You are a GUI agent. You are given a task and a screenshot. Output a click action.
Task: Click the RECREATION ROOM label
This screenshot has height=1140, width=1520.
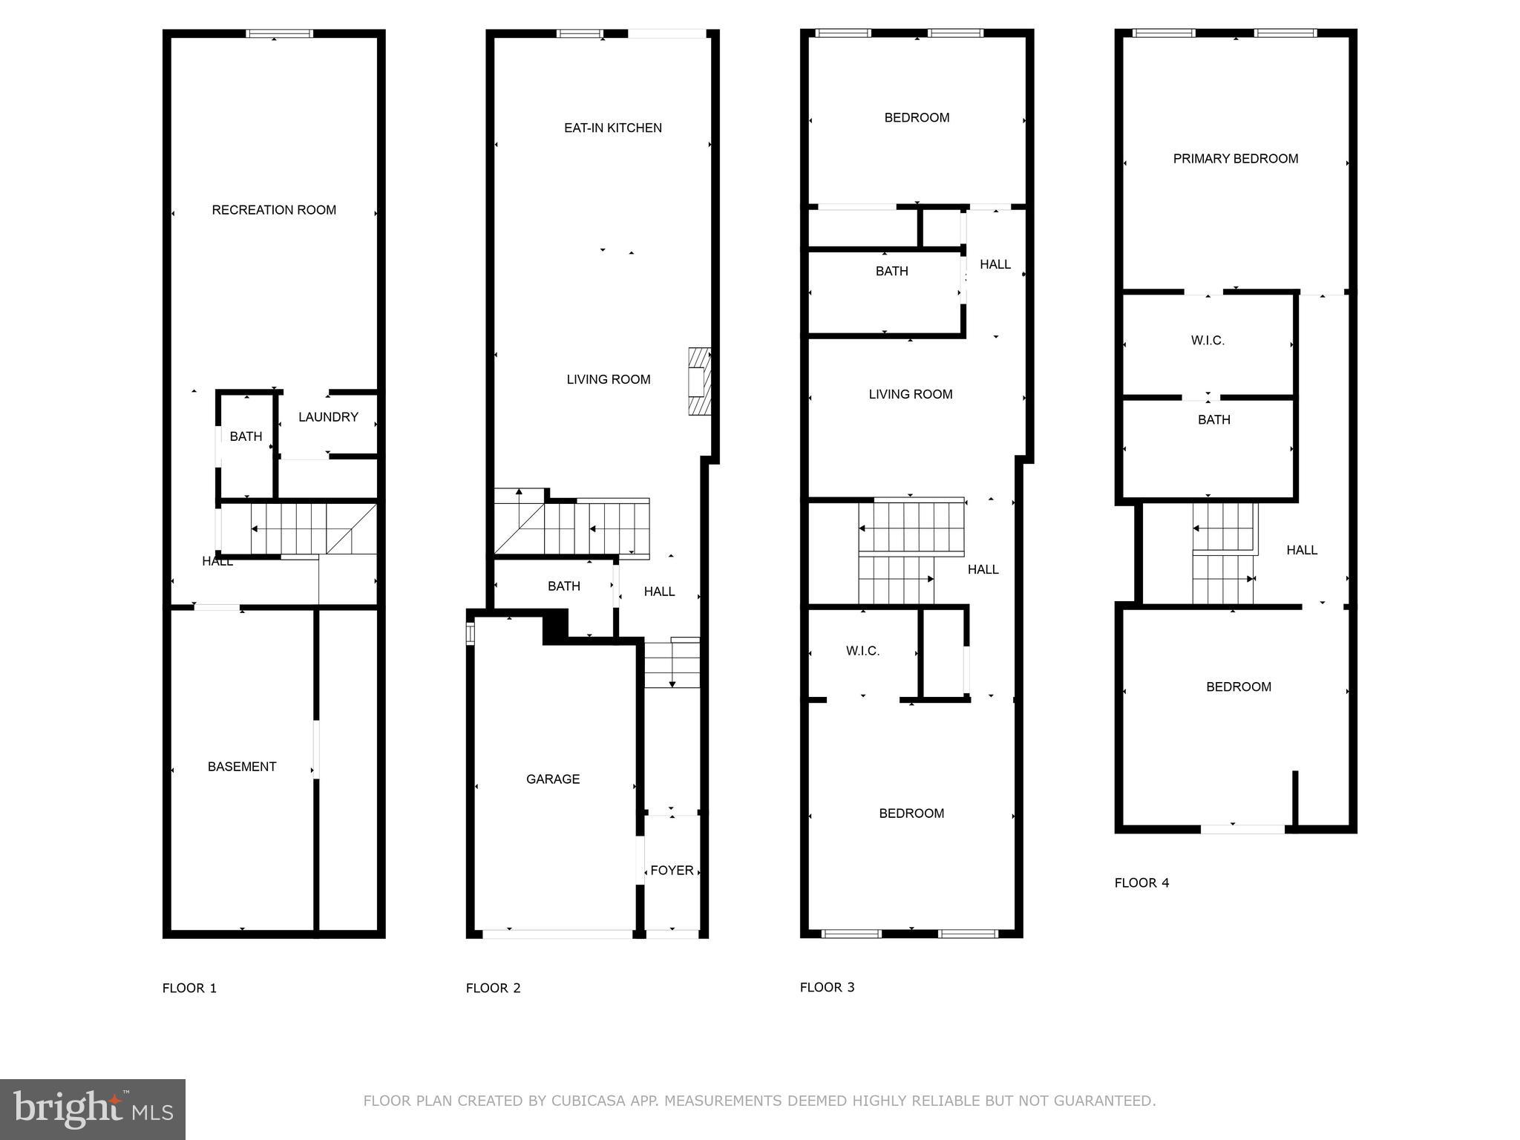coord(274,210)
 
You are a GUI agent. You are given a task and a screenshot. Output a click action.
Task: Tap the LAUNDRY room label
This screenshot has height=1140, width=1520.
coord(328,417)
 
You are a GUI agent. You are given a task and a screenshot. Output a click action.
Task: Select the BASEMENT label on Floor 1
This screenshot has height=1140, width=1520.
coord(242,767)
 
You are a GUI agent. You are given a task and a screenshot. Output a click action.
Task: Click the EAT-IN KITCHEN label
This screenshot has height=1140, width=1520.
coord(613,128)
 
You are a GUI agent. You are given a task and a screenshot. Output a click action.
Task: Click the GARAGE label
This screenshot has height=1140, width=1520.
coord(553,779)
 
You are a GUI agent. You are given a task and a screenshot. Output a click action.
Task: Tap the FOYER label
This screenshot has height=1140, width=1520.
coord(672,871)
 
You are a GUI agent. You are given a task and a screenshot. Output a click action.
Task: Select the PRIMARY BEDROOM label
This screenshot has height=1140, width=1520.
coord(1235,159)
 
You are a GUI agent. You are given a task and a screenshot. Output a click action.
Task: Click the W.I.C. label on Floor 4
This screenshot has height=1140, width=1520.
coord(1208,341)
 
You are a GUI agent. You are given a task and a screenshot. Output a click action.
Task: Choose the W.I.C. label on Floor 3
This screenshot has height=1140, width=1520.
coord(862,651)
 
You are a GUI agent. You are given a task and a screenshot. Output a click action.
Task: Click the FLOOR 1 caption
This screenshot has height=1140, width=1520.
coord(189,988)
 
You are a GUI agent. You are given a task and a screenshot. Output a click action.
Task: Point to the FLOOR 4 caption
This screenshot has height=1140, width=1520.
coord(1141,882)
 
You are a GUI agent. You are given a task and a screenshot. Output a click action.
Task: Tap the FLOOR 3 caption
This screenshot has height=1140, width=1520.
coord(827,987)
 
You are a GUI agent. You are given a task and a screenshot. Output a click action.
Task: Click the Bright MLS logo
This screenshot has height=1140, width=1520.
coord(93,1110)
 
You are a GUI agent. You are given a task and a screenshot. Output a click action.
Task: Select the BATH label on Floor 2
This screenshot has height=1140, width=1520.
coord(564,586)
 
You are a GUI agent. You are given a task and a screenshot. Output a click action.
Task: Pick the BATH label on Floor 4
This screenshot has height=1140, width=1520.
coord(1213,420)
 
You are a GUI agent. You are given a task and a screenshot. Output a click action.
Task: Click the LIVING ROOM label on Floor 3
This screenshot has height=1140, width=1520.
coord(911,394)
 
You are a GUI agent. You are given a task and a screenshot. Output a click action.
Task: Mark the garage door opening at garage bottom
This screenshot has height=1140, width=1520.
coord(557,934)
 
